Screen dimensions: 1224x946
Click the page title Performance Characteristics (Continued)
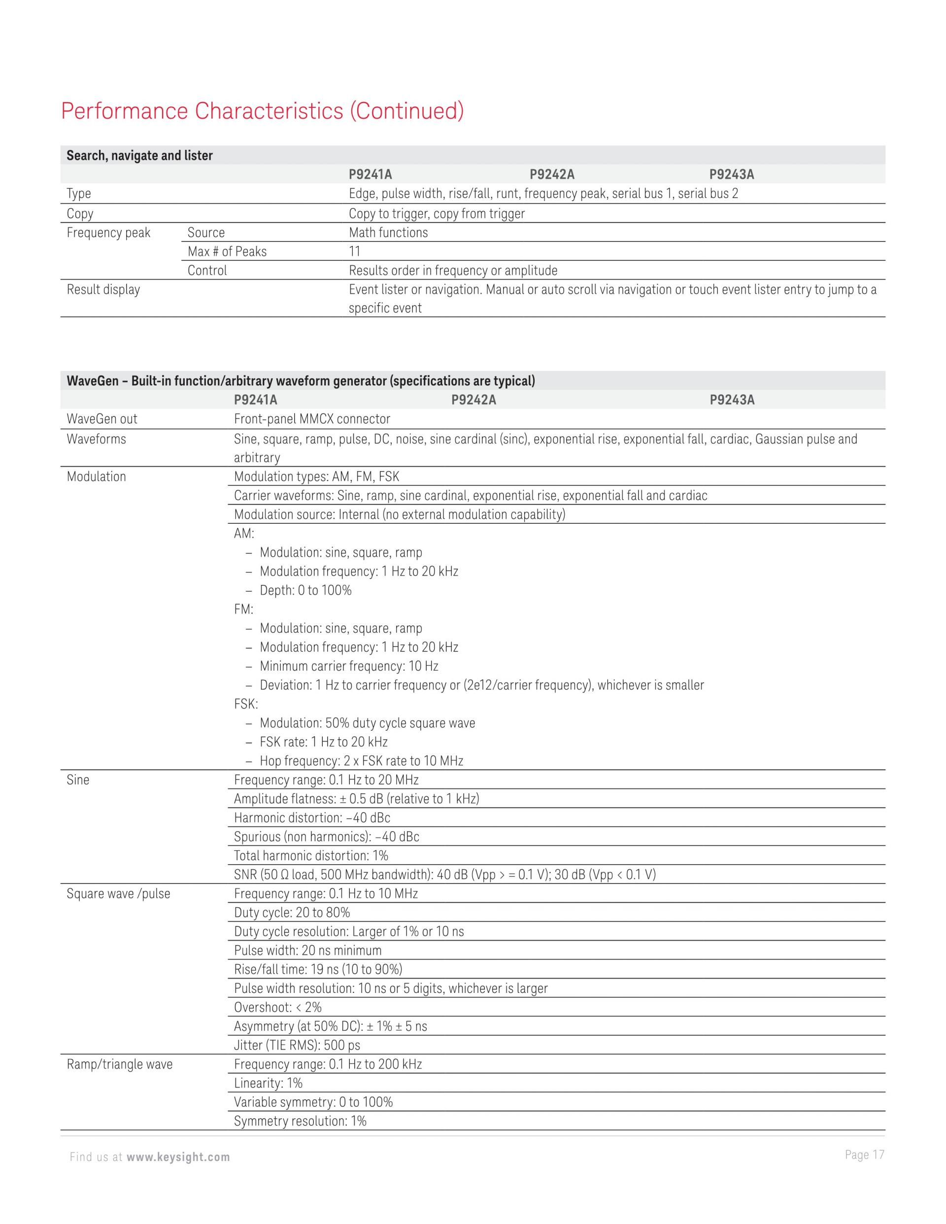tap(262, 111)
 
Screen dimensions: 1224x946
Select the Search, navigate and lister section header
tap(139, 155)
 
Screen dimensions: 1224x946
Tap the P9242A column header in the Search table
tap(552, 174)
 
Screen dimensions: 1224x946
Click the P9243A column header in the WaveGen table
tap(732, 400)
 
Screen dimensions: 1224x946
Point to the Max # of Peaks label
tap(227, 252)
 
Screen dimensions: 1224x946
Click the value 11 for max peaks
tap(355, 252)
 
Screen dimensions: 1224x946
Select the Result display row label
tap(103, 290)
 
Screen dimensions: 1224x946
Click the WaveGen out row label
tap(101, 419)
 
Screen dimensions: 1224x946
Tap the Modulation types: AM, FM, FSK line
tap(317, 476)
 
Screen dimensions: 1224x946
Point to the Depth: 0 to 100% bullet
tap(305, 590)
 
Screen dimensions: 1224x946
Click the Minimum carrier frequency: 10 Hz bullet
tap(348, 666)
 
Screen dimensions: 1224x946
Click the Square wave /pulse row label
tap(118, 893)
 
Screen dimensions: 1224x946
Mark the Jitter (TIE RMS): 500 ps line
tap(297, 1045)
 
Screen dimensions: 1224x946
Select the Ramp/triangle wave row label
tap(119, 1064)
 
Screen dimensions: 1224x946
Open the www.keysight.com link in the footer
tap(178, 1157)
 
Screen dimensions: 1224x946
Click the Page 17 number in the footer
tap(864, 1155)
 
